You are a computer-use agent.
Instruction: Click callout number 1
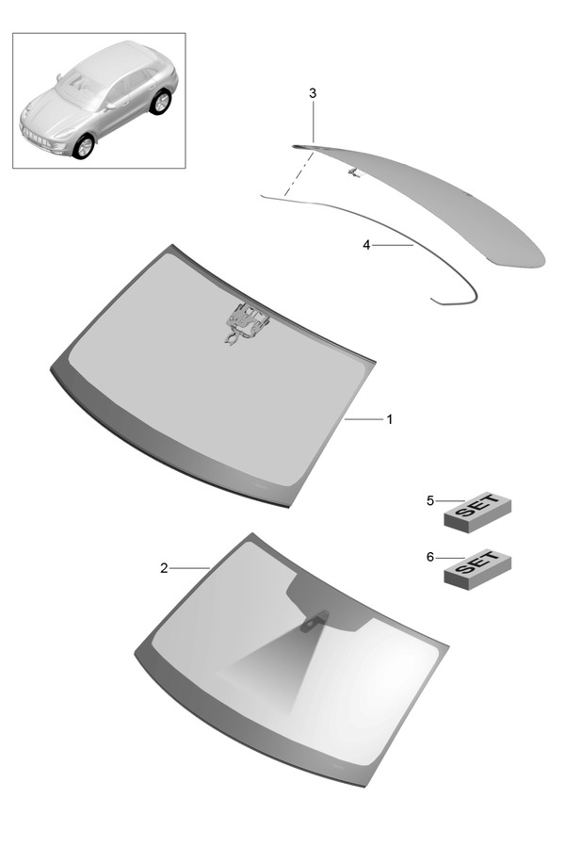[x=389, y=419]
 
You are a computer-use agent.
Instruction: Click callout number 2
[x=164, y=568]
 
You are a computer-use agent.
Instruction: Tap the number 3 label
[x=313, y=93]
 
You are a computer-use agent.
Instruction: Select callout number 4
[x=366, y=245]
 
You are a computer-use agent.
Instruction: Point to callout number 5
[x=430, y=501]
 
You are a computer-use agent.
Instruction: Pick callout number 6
[x=430, y=557]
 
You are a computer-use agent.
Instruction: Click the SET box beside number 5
[x=477, y=512]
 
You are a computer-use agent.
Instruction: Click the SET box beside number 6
[x=477, y=569]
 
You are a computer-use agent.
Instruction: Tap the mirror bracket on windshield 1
[x=248, y=322]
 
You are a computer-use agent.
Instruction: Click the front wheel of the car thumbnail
[x=84, y=147]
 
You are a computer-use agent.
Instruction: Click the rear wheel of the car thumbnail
[x=160, y=102]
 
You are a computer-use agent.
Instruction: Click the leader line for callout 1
[x=363, y=419]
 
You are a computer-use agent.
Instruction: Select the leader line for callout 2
[x=190, y=568]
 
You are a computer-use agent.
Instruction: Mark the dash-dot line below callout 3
[x=299, y=173]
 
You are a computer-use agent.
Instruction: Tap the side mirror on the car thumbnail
[x=111, y=106]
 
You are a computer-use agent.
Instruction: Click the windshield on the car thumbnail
[x=80, y=85]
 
